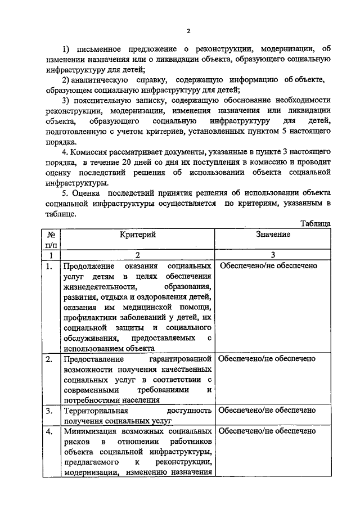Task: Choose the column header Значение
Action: coord(273,234)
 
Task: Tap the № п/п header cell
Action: coord(51,240)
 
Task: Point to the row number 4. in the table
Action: coord(50,432)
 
